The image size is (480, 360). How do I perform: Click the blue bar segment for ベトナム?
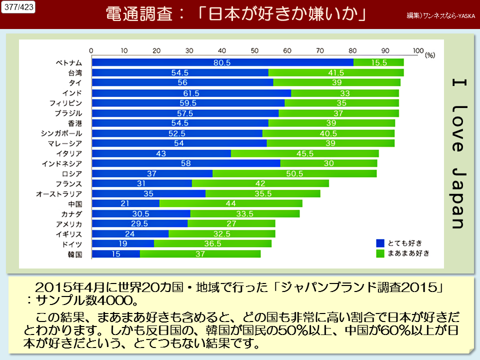(222, 62)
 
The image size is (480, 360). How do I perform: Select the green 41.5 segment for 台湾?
(336, 72)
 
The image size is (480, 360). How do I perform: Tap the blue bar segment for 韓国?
(116, 254)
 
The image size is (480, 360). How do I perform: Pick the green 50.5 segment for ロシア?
(294, 173)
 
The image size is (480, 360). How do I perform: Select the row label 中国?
(75, 204)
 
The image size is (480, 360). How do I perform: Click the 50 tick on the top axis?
(255, 50)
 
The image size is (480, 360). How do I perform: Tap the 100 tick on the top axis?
(418, 50)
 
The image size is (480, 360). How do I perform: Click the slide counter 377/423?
(18, 8)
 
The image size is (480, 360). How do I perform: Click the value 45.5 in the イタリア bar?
(304, 153)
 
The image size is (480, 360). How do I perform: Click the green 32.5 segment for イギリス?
(221, 233)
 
